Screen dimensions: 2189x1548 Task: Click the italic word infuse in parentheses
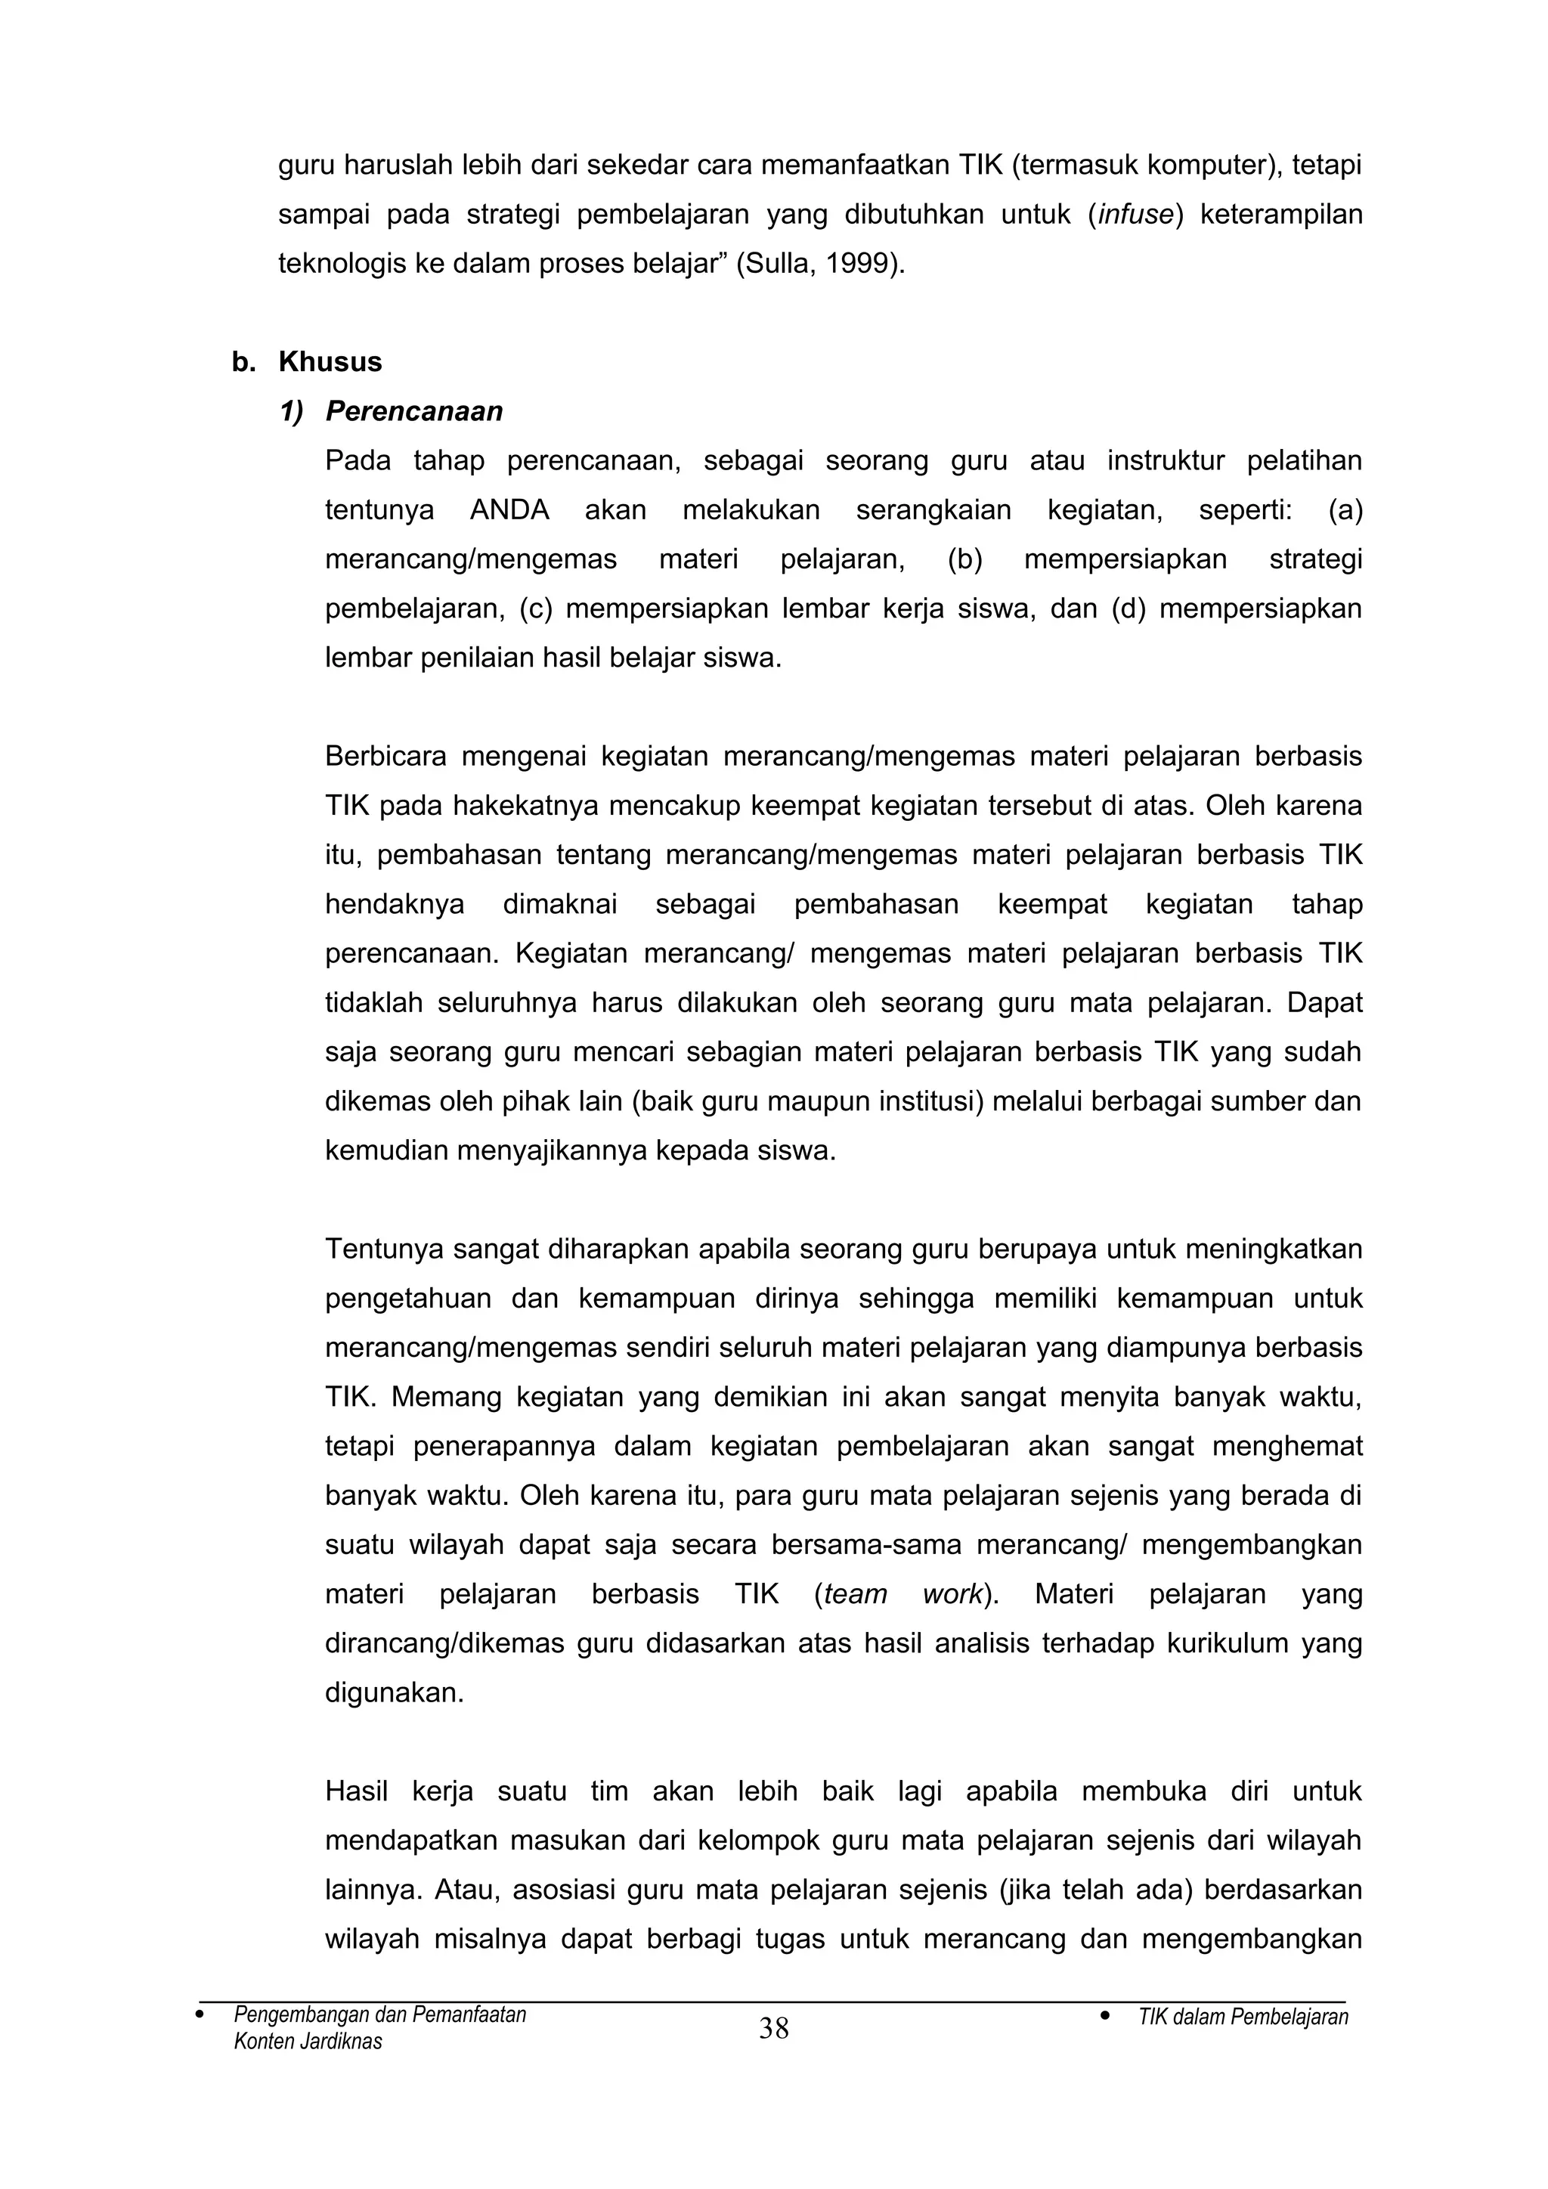click(1135, 215)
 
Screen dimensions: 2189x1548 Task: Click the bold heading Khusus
click(330, 362)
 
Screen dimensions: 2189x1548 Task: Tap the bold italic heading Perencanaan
click(413, 411)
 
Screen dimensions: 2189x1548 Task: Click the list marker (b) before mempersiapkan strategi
click(964, 559)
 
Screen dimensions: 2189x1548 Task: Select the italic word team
click(855, 1594)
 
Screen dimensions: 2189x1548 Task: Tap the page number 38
click(773, 2029)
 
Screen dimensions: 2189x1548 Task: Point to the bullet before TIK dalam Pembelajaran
click(1105, 2015)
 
